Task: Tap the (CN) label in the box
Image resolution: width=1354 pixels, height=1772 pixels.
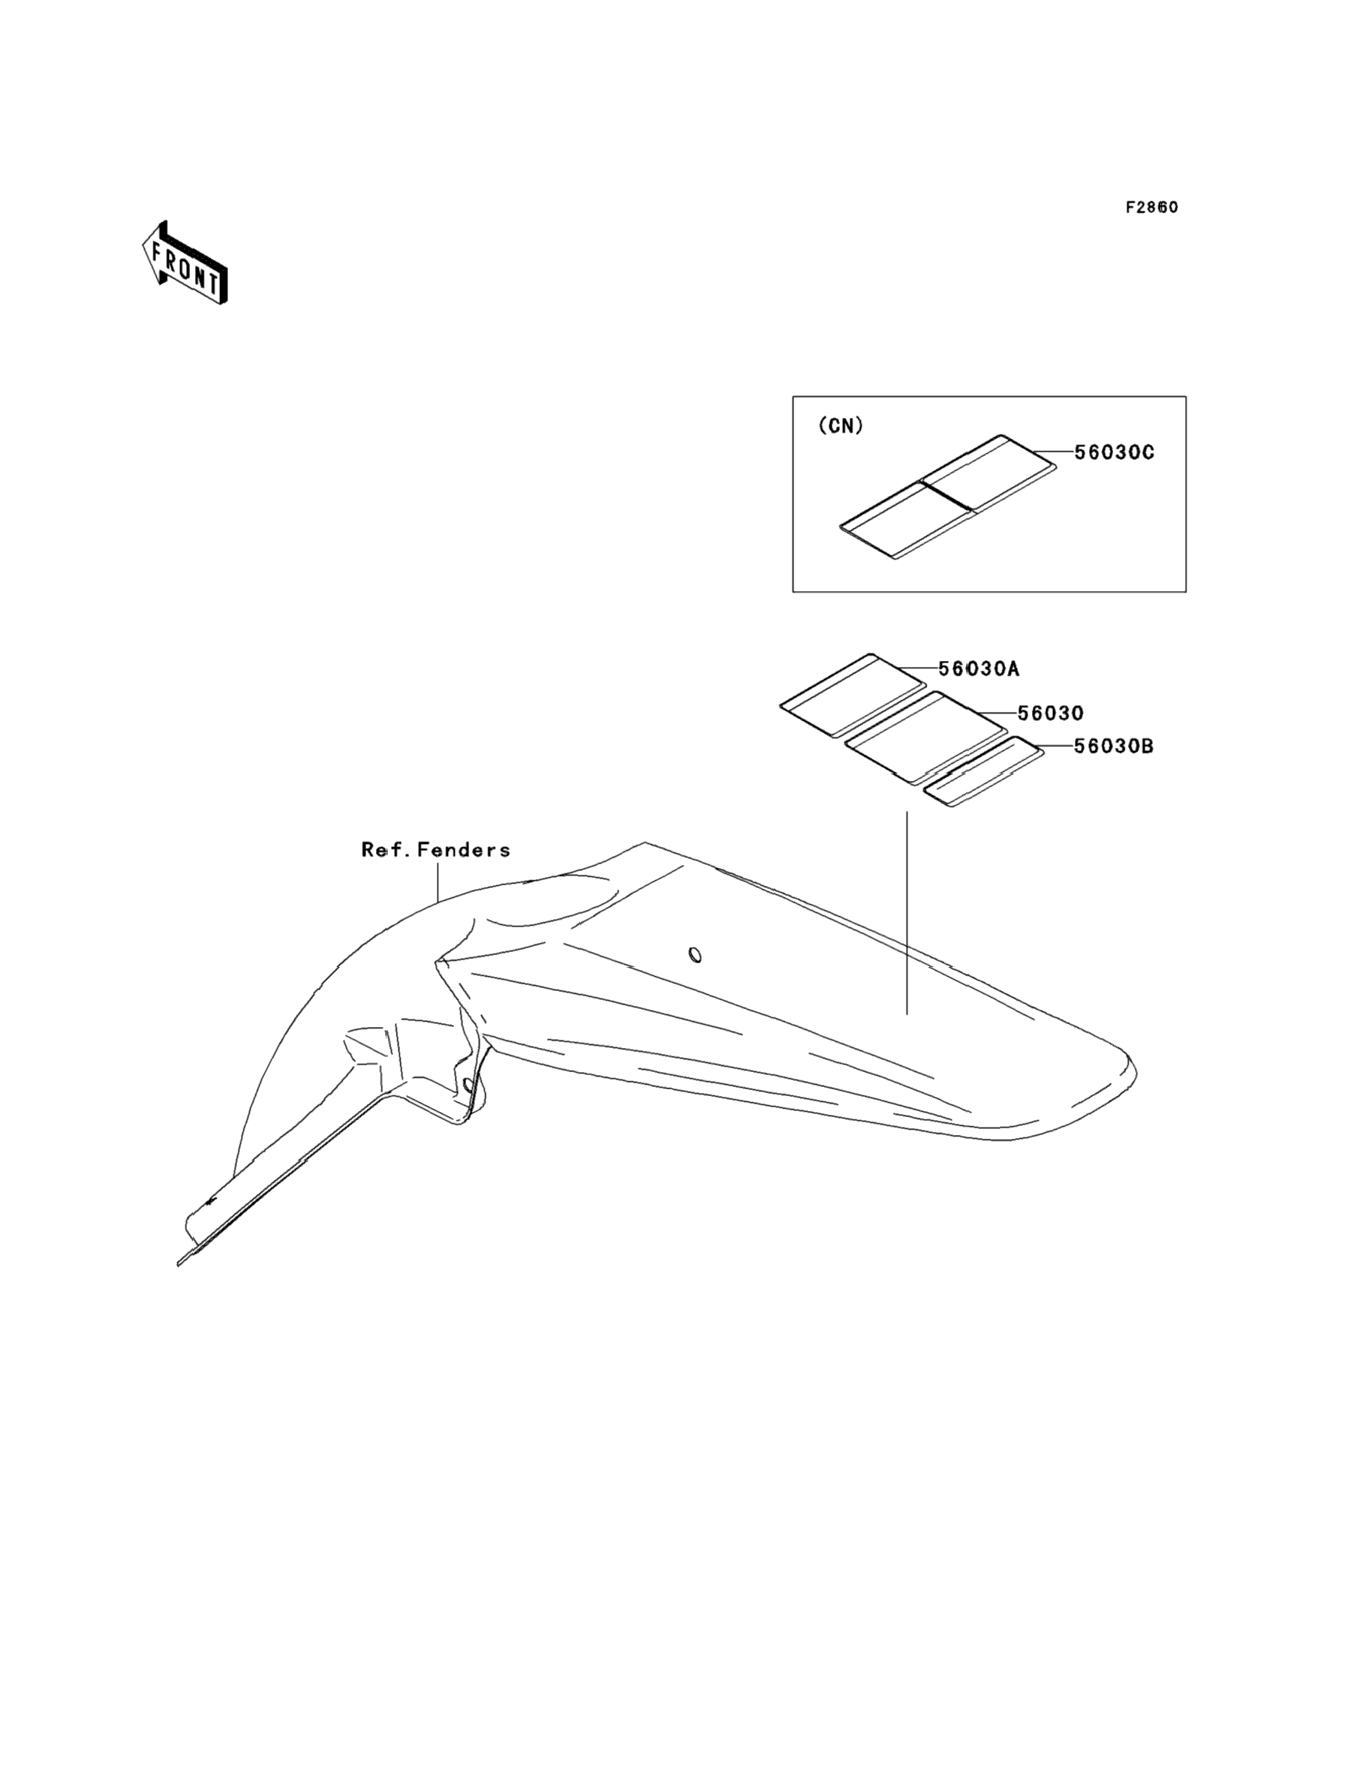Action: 841,426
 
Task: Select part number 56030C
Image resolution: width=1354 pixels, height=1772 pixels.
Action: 1114,452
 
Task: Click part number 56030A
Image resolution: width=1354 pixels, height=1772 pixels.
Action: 979,668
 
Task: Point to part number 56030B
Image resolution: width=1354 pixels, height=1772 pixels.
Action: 1113,746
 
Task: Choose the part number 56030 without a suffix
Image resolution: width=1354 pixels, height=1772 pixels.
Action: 1050,713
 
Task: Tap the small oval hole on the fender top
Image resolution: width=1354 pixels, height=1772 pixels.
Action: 695,955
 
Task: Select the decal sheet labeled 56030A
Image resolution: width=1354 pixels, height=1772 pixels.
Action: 853,694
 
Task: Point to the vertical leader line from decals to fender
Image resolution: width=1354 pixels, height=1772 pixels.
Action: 907,910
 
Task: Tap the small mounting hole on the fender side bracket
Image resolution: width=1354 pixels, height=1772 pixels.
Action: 467,1085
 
